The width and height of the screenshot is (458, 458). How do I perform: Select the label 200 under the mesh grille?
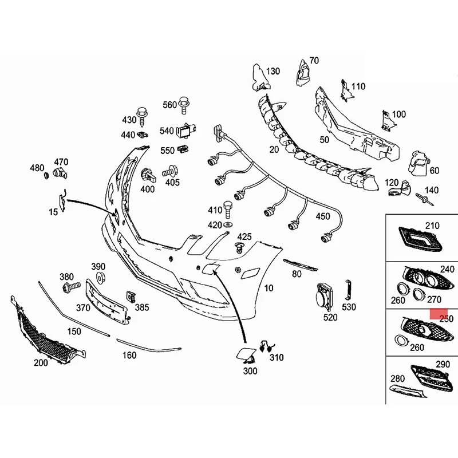pyautogui.click(x=41, y=363)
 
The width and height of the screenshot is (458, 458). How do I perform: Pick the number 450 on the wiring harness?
pyautogui.click(x=323, y=216)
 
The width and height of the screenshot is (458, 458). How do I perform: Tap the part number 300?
pyautogui.click(x=250, y=371)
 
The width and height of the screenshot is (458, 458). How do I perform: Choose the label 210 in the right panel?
pyautogui.click(x=432, y=226)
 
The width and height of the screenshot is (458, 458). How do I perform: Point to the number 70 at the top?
pyautogui.click(x=314, y=60)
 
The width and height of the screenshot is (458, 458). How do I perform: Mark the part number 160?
pyautogui.click(x=129, y=355)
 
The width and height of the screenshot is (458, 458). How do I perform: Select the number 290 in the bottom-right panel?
pyautogui.click(x=443, y=364)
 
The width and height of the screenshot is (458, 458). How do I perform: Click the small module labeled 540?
pyautogui.click(x=185, y=131)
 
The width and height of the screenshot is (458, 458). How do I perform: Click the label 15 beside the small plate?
pyautogui.click(x=53, y=212)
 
